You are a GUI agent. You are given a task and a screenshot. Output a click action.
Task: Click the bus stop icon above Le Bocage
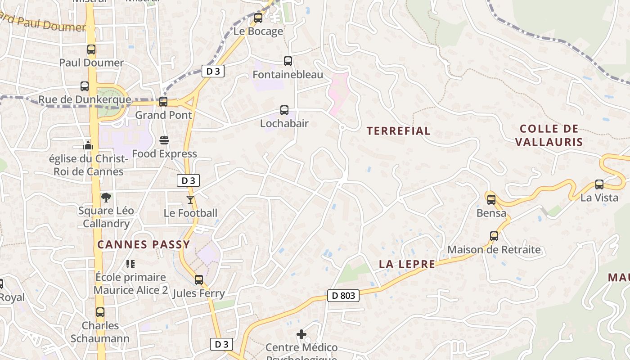[258, 18]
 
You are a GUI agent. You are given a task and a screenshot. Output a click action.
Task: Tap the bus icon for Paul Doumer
[91, 49]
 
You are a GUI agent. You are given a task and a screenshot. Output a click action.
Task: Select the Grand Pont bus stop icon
[163, 102]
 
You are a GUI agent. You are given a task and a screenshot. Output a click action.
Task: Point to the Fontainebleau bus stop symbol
[288, 61]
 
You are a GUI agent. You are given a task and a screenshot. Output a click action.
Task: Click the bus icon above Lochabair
[284, 110]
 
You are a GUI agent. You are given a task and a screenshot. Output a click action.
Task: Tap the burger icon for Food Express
[164, 140]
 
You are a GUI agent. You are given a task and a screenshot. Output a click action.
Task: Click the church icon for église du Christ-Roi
[88, 145]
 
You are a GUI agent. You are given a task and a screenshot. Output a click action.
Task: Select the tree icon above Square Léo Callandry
[106, 197]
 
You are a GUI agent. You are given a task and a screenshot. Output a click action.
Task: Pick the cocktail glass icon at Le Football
[190, 199]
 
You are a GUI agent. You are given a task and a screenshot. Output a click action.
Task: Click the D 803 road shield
[343, 296]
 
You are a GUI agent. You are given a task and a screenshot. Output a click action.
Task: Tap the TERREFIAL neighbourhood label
[398, 131]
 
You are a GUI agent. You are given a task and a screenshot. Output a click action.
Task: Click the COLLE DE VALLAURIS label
[549, 135]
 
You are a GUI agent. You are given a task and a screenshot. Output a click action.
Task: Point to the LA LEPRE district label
[407, 264]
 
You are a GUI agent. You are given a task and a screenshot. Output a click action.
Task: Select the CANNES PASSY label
[144, 245]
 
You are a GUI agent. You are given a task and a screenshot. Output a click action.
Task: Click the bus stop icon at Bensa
[491, 199]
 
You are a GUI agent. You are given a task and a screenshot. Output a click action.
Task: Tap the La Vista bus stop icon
[599, 184]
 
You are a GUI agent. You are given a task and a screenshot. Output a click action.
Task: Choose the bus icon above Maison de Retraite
[494, 236]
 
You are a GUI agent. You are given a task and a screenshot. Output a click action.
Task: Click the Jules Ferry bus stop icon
[199, 280]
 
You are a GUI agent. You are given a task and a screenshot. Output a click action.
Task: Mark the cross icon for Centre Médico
[301, 334]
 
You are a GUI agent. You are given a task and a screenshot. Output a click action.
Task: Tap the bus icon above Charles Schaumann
[100, 312]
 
